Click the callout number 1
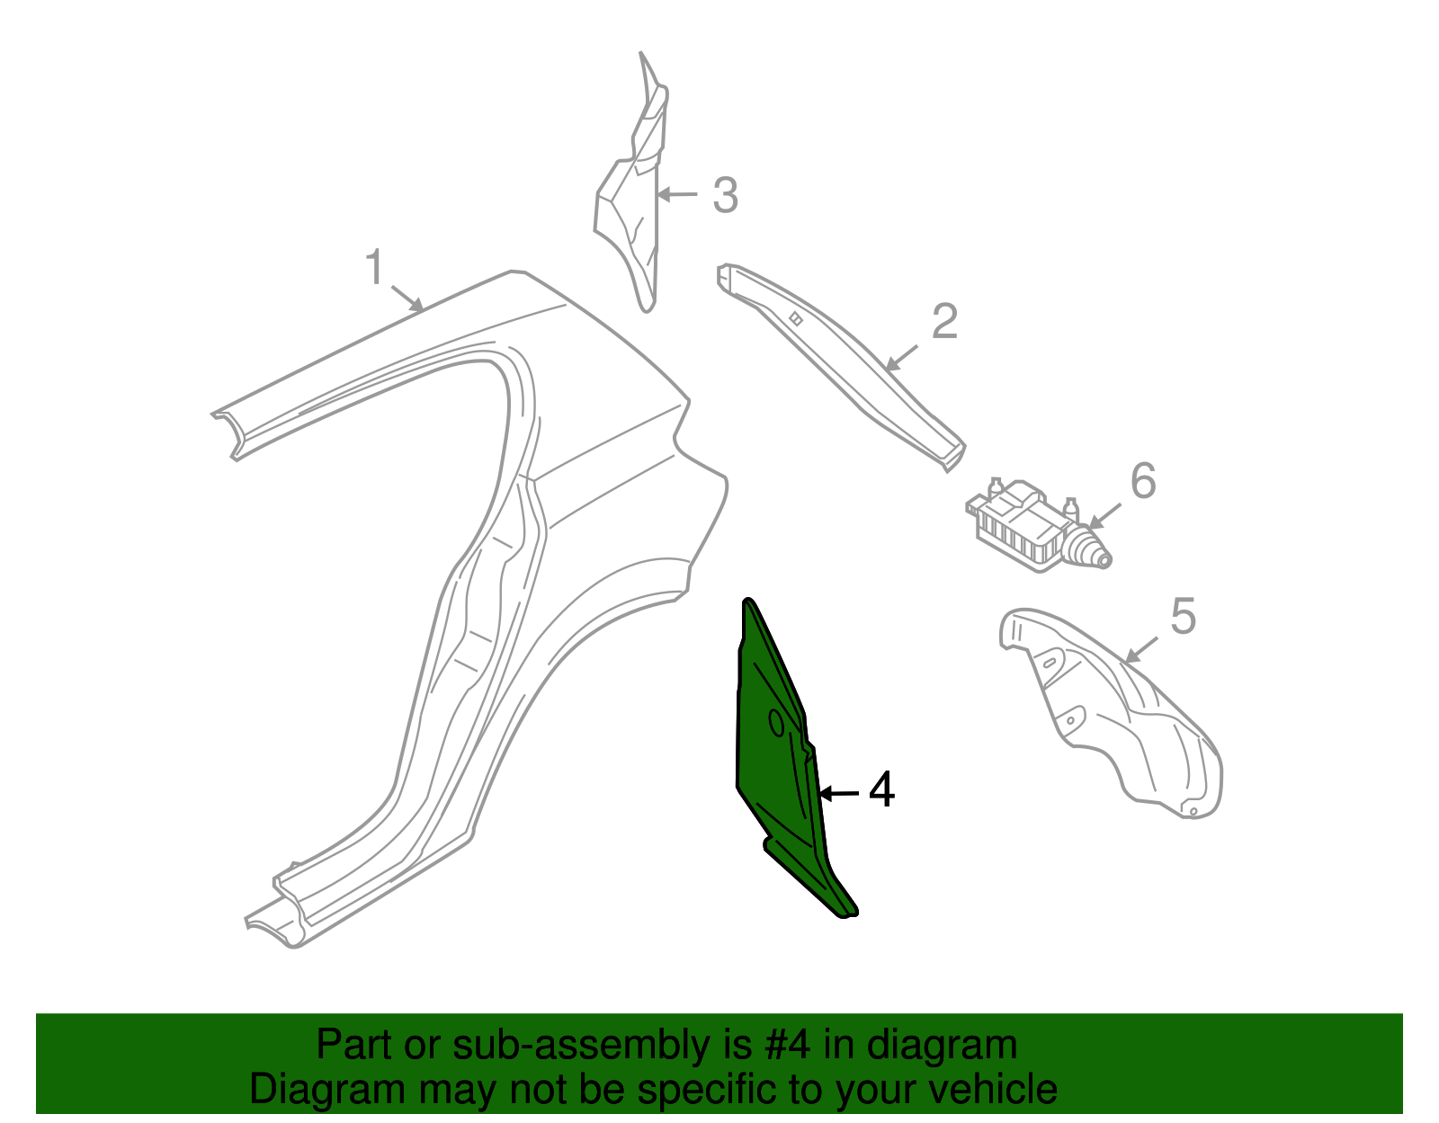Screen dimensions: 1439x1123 click(x=375, y=267)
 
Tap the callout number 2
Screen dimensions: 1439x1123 click(x=944, y=322)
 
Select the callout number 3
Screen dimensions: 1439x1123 click(x=725, y=196)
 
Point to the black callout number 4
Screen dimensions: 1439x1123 click(x=881, y=789)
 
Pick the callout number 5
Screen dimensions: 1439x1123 click(x=1184, y=616)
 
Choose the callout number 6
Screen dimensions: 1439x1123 click(x=1143, y=480)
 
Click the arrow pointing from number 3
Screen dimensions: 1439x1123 click(x=677, y=194)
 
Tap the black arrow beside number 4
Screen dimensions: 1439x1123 click(x=839, y=792)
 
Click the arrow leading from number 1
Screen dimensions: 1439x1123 click(x=407, y=299)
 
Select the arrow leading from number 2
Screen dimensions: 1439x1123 click(x=901, y=358)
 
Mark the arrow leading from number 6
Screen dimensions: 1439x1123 click(x=1104, y=516)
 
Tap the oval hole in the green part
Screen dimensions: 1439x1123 click(x=777, y=723)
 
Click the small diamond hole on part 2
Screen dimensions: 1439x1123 click(x=796, y=319)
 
